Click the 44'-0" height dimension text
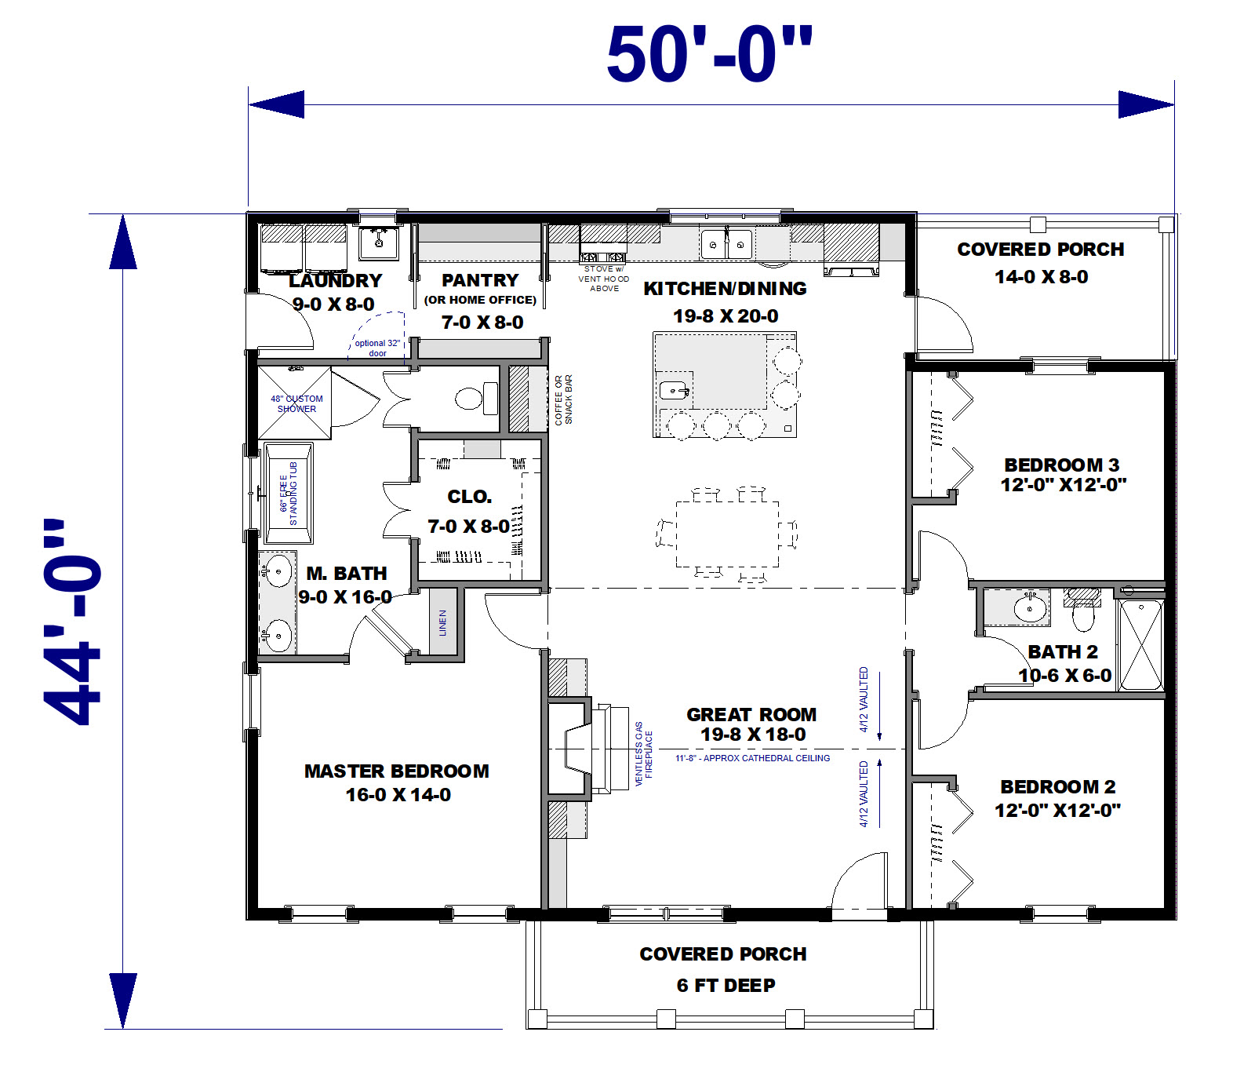pyautogui.click(x=73, y=622)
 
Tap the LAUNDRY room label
pyautogui.click(x=335, y=280)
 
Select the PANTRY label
pyautogui.click(x=480, y=280)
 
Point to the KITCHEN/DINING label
pyautogui.click(x=725, y=289)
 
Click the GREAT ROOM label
pyautogui.click(x=751, y=714)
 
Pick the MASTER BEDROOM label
pyautogui.click(x=397, y=771)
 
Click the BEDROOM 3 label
pyautogui.click(x=1062, y=465)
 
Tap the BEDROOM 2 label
pyautogui.click(x=1058, y=786)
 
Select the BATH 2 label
pyautogui.click(x=1063, y=652)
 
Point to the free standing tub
pyautogui.click(x=288, y=493)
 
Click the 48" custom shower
pyautogui.click(x=295, y=403)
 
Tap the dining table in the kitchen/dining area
pyautogui.click(x=727, y=534)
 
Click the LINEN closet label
pyautogui.click(x=443, y=622)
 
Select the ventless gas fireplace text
pyautogui.click(x=643, y=754)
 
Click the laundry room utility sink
pyautogui.click(x=379, y=242)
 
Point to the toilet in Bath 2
pyautogui.click(x=1082, y=611)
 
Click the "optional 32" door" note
pyautogui.click(x=377, y=348)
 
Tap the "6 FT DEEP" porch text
pyautogui.click(x=726, y=986)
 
